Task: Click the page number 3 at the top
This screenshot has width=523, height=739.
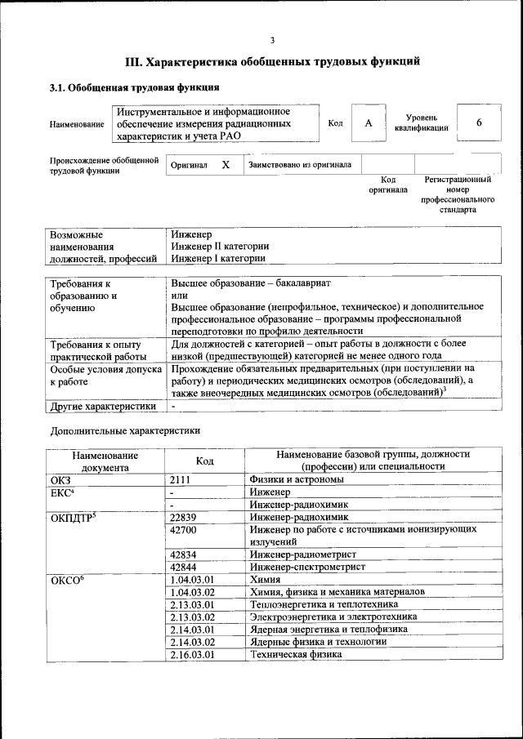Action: pos(272,40)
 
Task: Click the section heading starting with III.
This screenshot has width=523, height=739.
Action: pos(272,61)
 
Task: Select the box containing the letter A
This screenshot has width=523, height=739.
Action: pos(368,122)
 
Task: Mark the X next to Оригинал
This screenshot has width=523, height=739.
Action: pos(226,164)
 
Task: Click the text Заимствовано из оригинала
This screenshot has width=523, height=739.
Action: pos(302,164)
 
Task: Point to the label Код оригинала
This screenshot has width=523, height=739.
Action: pos(388,185)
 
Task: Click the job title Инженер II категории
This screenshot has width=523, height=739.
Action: pos(220,246)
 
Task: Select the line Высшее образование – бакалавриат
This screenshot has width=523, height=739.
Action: pos(250,283)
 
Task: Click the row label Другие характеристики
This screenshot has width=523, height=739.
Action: pos(103,406)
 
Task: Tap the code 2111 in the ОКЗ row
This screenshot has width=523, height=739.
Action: pos(181,480)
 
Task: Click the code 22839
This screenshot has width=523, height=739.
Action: pos(184,517)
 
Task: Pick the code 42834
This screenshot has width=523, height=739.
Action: pos(184,554)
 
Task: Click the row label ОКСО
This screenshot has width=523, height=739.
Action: pos(68,579)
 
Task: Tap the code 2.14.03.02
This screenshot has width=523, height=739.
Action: pos(193,641)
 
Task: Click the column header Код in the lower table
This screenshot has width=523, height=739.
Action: pos(205,461)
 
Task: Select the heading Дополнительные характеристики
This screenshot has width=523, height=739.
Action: pos(125,430)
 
